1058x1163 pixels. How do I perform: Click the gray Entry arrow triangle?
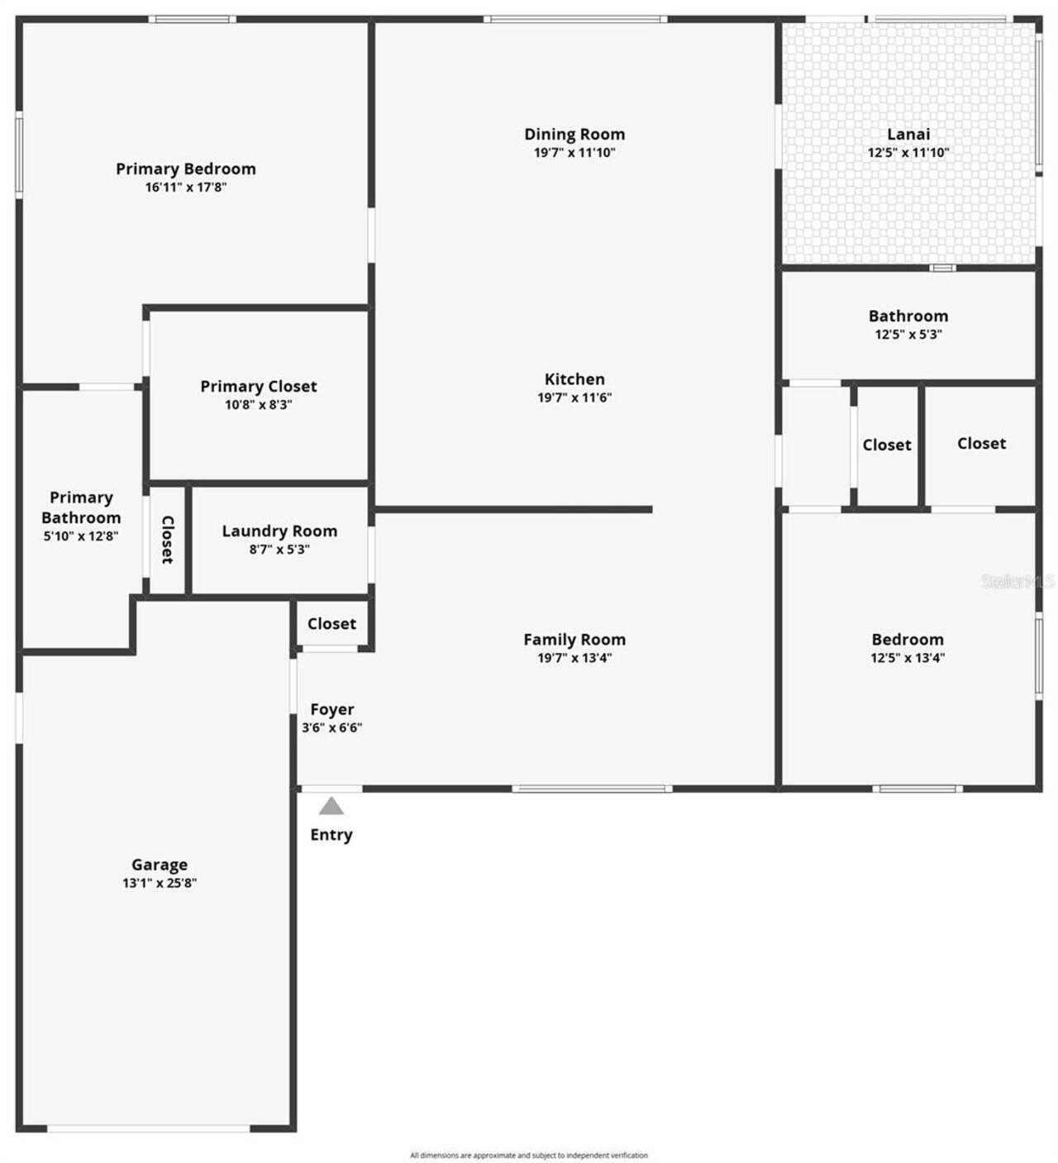[x=331, y=806]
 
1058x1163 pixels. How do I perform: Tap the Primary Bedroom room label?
[x=186, y=169]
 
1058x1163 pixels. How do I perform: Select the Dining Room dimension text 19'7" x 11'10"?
[x=574, y=153]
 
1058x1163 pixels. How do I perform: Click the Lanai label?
[x=908, y=134]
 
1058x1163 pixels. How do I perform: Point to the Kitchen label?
[x=574, y=379]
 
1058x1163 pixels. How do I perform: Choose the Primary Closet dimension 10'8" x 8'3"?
[x=259, y=405]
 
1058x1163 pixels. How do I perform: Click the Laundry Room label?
[x=279, y=531]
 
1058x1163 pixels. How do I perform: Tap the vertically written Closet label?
[x=168, y=540]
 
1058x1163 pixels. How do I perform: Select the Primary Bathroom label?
[x=81, y=508]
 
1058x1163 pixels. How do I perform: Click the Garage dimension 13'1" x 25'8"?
[x=160, y=883]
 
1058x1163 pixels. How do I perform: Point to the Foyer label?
[x=332, y=709]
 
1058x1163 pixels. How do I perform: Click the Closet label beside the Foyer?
[x=331, y=623]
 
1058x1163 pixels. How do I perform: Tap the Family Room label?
[x=574, y=639]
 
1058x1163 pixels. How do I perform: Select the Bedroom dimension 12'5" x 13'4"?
[x=908, y=658]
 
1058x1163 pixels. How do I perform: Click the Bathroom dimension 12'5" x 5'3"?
[x=908, y=335]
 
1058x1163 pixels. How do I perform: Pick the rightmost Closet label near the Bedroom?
[x=982, y=443]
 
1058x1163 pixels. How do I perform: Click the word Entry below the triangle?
[x=331, y=835]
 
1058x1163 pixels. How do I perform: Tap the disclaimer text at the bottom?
[x=529, y=1156]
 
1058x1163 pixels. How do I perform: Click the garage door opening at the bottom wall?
[x=149, y=1128]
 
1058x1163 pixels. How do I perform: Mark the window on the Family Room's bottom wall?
[x=592, y=789]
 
